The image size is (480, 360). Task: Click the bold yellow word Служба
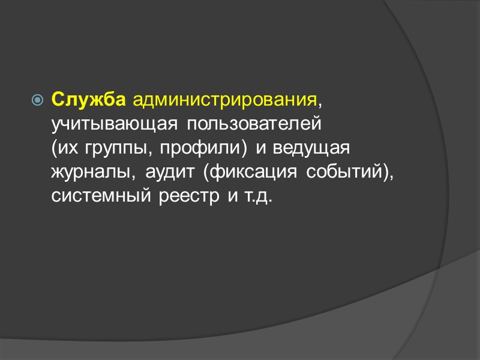point(88,100)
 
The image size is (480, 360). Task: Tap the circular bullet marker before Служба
point(38,100)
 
